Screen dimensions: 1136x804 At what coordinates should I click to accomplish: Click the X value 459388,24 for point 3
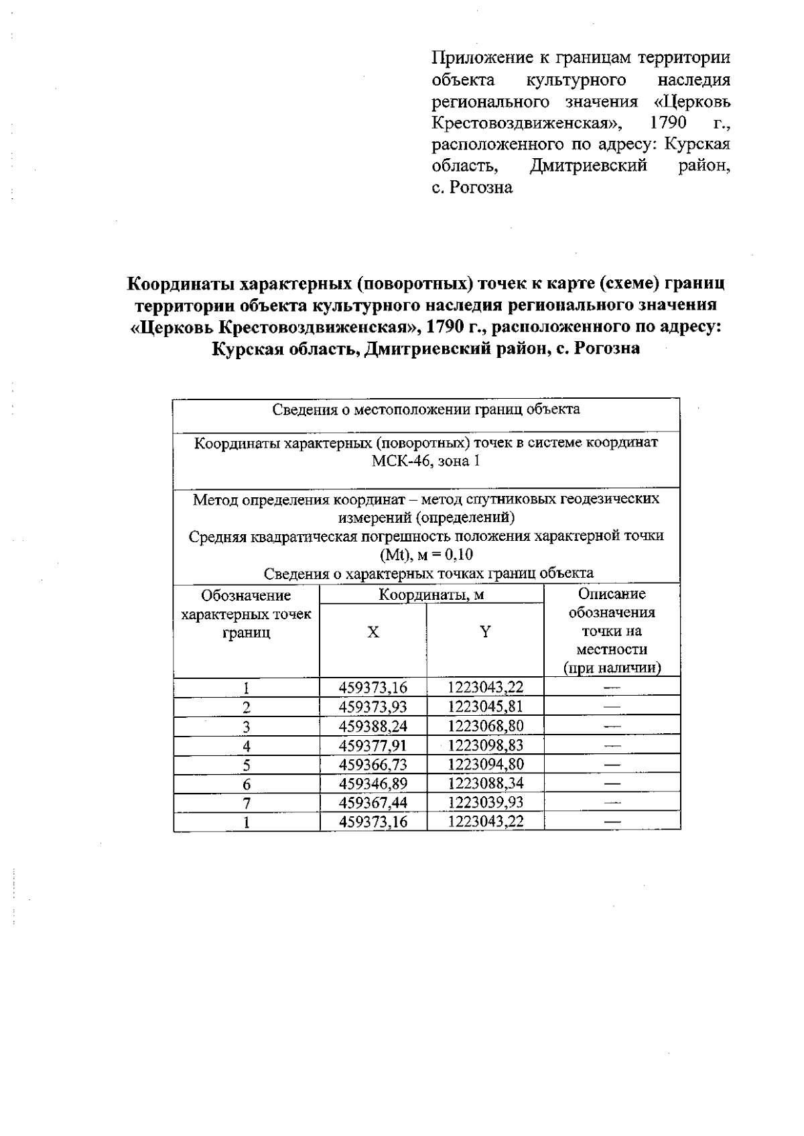tap(373, 726)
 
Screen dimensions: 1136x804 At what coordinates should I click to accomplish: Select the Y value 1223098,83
tap(485, 745)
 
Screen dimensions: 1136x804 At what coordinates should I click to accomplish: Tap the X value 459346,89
tap(373, 783)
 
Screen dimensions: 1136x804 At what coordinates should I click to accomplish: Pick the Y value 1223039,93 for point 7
tap(485, 802)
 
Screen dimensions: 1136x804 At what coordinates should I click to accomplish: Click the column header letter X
tap(373, 632)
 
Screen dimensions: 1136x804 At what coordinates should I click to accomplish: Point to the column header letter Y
tap(485, 631)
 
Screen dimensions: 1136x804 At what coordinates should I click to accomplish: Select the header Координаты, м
tap(431, 594)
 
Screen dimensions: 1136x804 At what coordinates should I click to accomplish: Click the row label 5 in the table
tap(247, 765)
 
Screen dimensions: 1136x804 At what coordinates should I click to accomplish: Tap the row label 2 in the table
tap(247, 707)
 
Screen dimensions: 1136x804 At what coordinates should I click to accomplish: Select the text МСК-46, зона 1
tap(426, 461)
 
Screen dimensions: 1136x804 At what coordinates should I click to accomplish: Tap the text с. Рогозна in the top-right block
tap(472, 188)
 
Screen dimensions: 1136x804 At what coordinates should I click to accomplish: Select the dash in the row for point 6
tap(612, 783)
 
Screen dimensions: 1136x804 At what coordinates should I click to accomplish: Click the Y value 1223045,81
tap(485, 706)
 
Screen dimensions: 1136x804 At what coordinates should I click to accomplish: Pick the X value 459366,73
tap(373, 764)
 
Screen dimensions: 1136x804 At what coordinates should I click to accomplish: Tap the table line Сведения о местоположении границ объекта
tap(426, 409)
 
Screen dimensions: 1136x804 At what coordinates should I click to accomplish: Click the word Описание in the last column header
tap(612, 594)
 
